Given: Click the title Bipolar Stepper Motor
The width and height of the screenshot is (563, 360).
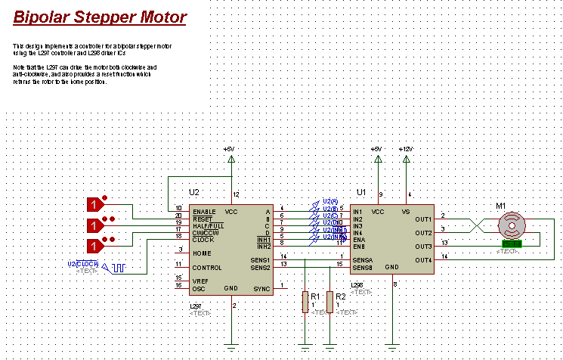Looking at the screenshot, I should pos(100,16).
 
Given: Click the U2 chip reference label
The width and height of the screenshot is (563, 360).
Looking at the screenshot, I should pos(194,193).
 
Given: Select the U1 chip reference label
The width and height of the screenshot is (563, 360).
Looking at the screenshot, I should pos(360,193).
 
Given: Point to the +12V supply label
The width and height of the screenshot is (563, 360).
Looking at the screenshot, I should pos(407,149).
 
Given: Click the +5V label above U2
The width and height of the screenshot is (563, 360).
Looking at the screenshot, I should pos(230,149).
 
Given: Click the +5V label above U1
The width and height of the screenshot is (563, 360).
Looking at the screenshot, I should pos(376,149).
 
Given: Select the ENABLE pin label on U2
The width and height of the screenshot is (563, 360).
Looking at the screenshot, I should pos(204,211).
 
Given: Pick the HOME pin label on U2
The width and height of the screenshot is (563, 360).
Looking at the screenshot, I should pos(201,253).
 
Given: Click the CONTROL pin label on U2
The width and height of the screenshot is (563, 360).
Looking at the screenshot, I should pos(206,267).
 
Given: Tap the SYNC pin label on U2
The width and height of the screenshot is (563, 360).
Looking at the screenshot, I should pos(261,288).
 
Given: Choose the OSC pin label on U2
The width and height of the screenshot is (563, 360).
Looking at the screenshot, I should pos(199,288).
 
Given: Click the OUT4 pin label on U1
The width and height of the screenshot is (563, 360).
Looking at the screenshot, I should pos(422,261).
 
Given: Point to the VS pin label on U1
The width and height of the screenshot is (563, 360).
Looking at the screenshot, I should pos(405,212).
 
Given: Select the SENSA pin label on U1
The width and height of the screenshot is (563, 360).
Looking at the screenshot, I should pos(363,261).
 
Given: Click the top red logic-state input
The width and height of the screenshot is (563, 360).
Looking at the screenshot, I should pos(95,205).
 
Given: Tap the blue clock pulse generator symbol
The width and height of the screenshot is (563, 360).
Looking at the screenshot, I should pos(118,267).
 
